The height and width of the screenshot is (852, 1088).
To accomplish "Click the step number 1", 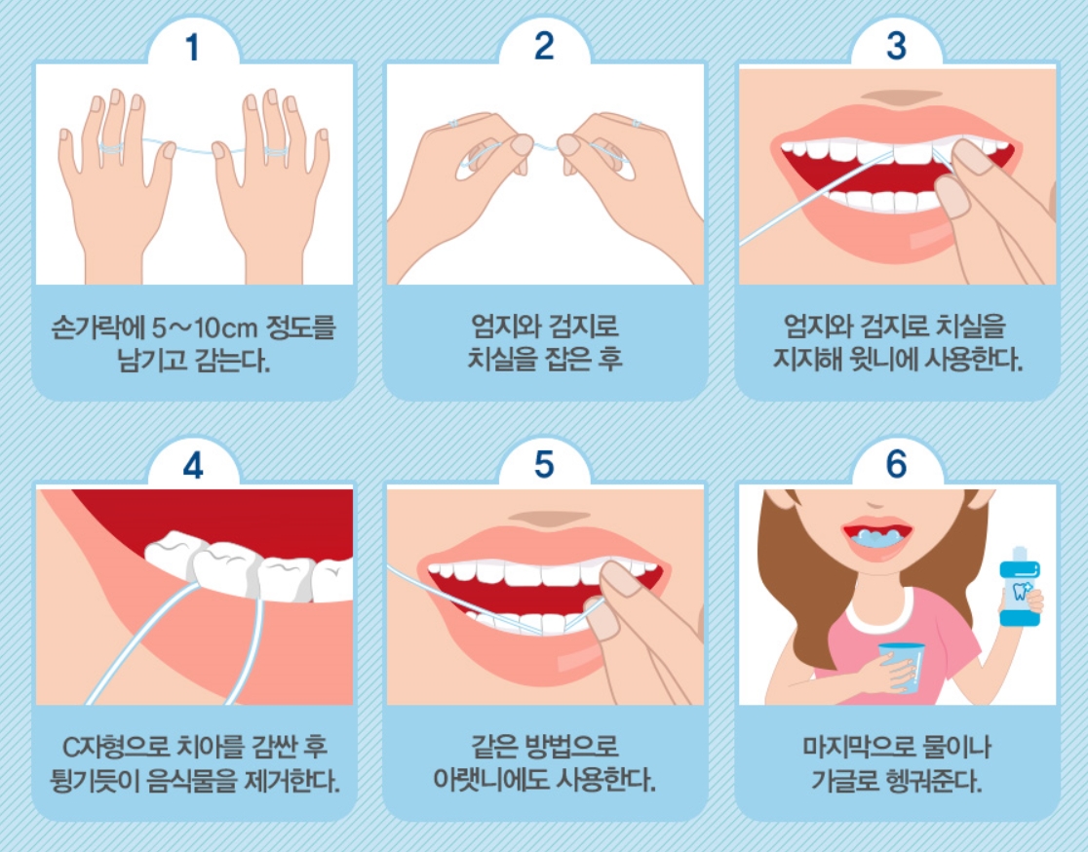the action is pyautogui.click(x=192, y=47).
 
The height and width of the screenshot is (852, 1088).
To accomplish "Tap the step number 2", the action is pyautogui.click(x=545, y=46).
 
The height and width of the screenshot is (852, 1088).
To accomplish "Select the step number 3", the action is pyautogui.click(x=897, y=46).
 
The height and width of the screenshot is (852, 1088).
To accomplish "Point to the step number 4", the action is pyautogui.click(x=193, y=466).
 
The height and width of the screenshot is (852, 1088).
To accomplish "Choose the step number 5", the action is pyautogui.click(x=545, y=464).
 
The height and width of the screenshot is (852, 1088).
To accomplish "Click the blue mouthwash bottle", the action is pyautogui.click(x=1020, y=587).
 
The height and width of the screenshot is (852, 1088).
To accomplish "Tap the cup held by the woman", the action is pyautogui.click(x=902, y=667).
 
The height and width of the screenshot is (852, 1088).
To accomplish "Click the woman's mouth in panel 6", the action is pyautogui.click(x=877, y=536).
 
